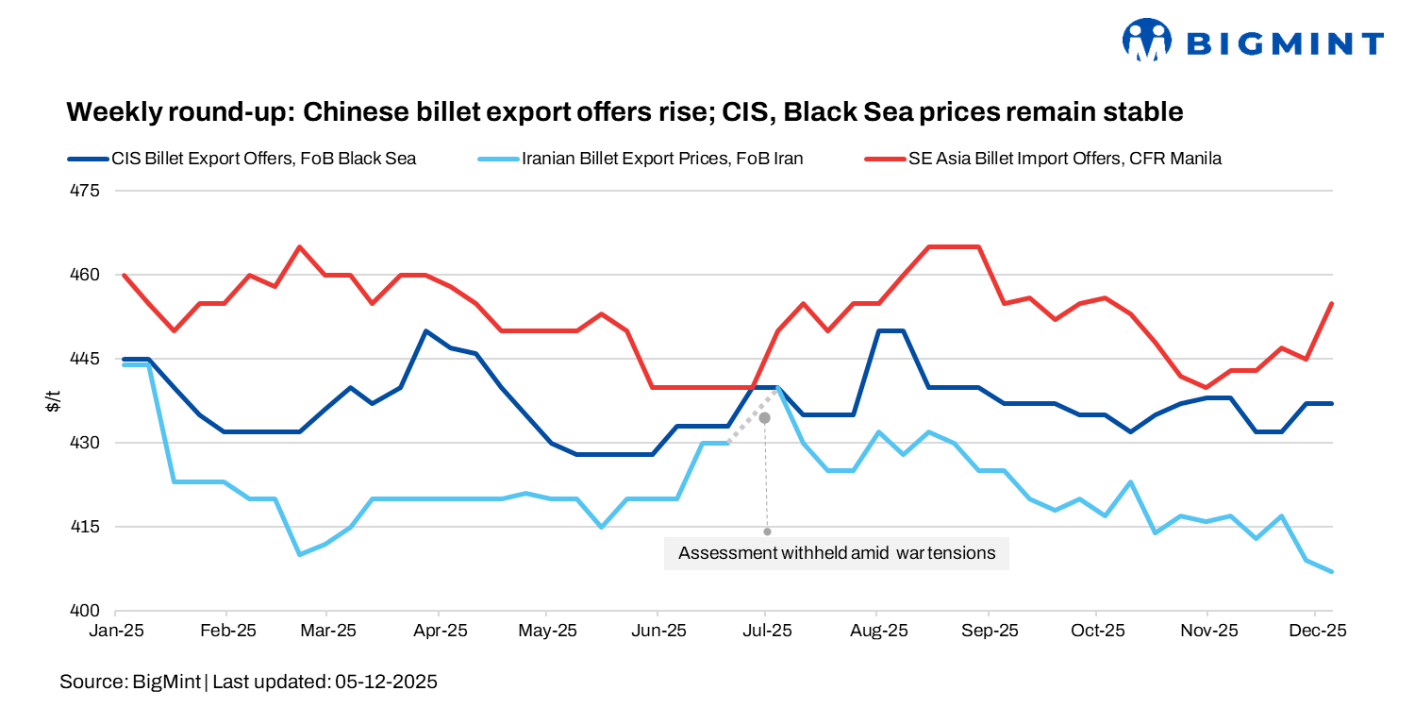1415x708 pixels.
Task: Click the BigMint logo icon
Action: click(1146, 41)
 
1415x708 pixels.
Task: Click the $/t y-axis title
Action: click(55, 401)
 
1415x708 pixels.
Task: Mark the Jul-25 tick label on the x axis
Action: click(766, 631)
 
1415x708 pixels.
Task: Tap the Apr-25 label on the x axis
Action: click(440, 631)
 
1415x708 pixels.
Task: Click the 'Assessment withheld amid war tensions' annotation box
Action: click(836, 553)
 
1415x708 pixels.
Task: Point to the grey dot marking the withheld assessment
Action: click(765, 417)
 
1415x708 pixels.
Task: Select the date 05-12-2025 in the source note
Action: click(386, 681)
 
